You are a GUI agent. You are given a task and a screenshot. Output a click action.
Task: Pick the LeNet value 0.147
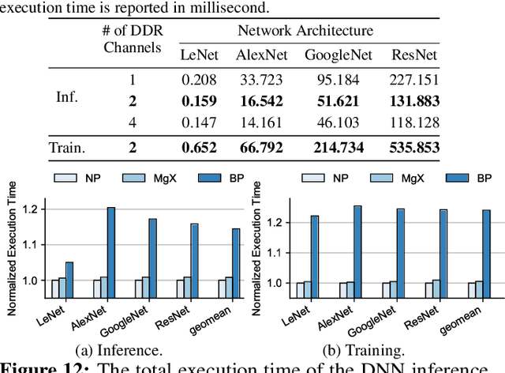pos(197,122)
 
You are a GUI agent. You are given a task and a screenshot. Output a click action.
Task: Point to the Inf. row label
pos(68,97)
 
